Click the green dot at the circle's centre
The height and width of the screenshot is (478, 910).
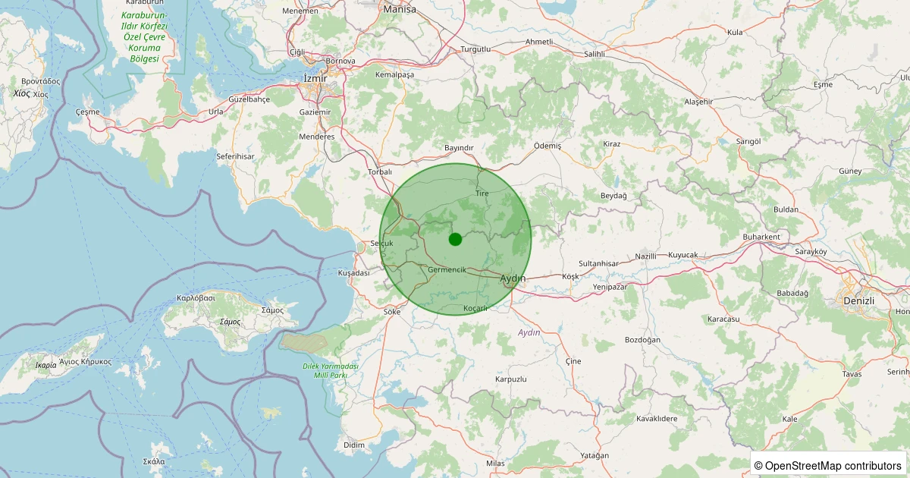[455, 239]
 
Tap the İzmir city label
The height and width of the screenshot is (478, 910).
[315, 79]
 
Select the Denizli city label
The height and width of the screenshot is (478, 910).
[858, 301]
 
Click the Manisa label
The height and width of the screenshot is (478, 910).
[400, 9]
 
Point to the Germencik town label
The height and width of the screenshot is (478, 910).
[447, 270]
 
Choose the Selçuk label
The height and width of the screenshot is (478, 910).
[381, 243]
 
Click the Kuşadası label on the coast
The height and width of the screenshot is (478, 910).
[353, 272]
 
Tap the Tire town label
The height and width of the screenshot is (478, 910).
[482, 193]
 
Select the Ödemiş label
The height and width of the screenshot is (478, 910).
[548, 145]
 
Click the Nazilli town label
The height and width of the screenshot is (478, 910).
[646, 256]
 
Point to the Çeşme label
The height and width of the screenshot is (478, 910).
[88, 112]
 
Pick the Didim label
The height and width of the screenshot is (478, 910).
[354, 445]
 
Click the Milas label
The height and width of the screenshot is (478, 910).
[496, 463]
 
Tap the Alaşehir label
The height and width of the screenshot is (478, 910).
[699, 102]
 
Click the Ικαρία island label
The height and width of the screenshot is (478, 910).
[45, 365]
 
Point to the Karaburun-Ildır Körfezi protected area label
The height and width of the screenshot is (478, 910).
[144, 36]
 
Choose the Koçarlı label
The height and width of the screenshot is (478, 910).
[475, 309]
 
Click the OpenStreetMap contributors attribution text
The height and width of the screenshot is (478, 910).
[828, 465]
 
